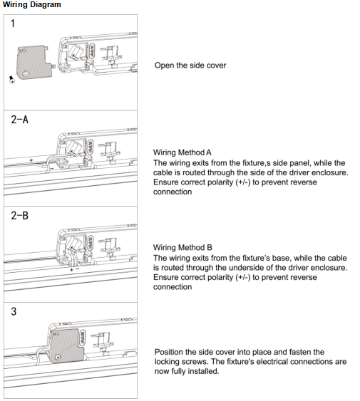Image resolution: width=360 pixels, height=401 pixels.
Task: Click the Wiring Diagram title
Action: point(32,4)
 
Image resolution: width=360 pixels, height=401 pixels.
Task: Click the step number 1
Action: point(13,24)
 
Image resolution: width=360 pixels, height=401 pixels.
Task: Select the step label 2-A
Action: point(19,120)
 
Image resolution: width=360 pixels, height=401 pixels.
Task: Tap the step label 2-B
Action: point(19,215)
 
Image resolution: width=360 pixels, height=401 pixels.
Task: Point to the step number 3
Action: point(14,311)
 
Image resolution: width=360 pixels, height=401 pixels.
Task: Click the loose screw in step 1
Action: point(12,80)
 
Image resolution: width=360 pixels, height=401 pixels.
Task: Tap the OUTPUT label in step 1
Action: point(92,51)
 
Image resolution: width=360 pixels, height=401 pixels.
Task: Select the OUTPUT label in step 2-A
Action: point(90,147)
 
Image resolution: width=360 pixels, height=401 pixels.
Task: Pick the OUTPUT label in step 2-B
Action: point(90,243)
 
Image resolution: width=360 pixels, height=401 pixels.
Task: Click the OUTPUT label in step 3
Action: point(83,338)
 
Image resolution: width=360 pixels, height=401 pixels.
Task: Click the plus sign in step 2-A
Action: point(31,160)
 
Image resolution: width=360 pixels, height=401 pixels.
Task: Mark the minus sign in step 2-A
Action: point(52,168)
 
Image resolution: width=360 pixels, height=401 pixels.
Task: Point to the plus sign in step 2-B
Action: point(71,269)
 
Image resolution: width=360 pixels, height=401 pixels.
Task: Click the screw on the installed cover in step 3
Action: point(58,357)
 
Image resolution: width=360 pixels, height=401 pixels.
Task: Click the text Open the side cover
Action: point(190,66)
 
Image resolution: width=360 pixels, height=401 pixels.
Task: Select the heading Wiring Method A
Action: point(182,152)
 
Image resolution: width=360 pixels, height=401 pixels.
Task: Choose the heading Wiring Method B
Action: point(182,248)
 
